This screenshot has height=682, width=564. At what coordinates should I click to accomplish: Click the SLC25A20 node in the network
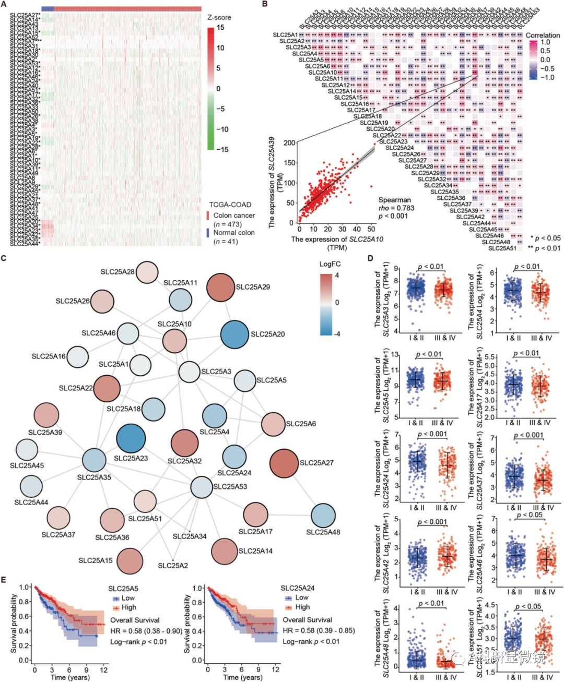tap(234, 334)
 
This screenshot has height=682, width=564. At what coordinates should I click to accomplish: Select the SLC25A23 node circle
tap(131, 438)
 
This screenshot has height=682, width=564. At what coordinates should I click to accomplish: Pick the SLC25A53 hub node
tap(201, 487)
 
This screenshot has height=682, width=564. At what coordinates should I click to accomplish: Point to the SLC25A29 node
tap(221, 288)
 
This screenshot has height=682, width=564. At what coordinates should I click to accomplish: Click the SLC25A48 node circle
tap(323, 516)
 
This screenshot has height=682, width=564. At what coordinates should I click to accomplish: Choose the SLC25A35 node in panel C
tap(95, 460)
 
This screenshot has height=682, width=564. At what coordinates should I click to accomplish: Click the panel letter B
tap(265, 4)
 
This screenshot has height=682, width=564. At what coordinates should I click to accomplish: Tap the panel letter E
tap(4, 580)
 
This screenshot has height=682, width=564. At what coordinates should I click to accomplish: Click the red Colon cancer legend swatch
tap(208, 216)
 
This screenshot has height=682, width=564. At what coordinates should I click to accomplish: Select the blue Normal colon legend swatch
tap(208, 233)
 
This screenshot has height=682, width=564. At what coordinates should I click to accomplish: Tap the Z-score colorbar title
tap(219, 17)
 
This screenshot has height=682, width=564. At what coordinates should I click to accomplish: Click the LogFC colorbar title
tap(330, 264)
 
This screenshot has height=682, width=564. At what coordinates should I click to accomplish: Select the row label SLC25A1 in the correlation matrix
tap(285, 35)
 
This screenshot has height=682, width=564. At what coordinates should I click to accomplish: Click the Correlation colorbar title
tap(543, 35)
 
